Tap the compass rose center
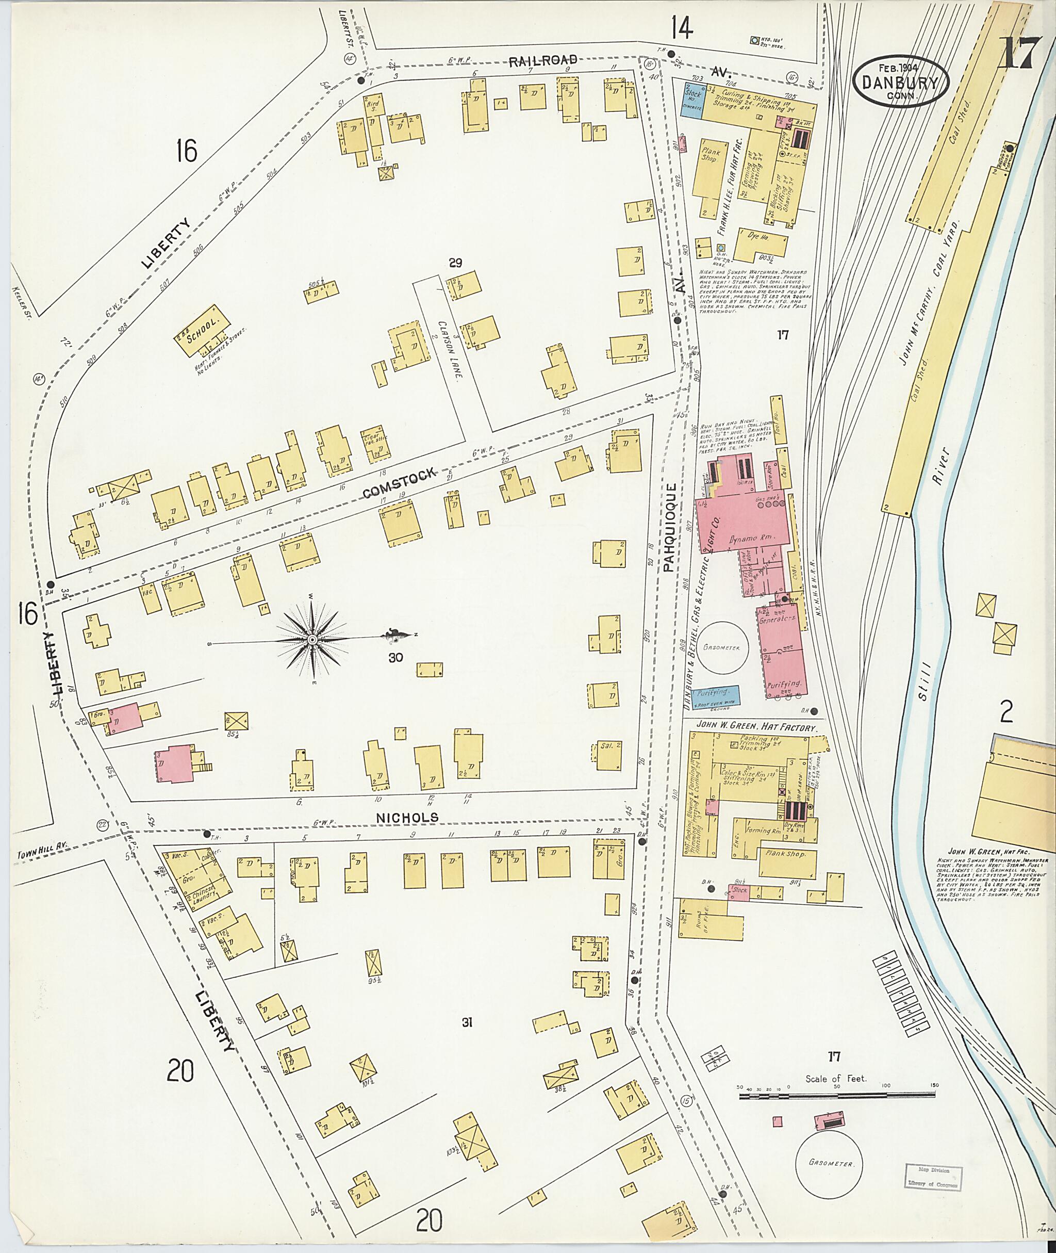point(312,640)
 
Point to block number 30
point(395,658)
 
